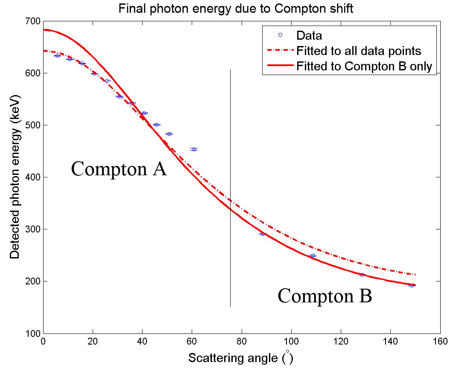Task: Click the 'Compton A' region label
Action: (x=119, y=169)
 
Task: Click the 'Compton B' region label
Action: (x=325, y=296)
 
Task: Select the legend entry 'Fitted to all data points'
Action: (x=359, y=51)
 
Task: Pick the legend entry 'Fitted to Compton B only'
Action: (x=364, y=67)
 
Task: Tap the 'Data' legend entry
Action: (x=309, y=36)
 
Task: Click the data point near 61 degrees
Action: (x=194, y=149)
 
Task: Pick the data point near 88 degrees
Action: (x=262, y=234)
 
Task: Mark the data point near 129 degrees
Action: (x=362, y=275)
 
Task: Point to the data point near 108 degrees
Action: (x=313, y=256)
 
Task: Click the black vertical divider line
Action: (x=231, y=188)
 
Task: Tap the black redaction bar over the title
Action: (x=238, y=9)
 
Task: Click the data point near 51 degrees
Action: (x=169, y=134)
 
